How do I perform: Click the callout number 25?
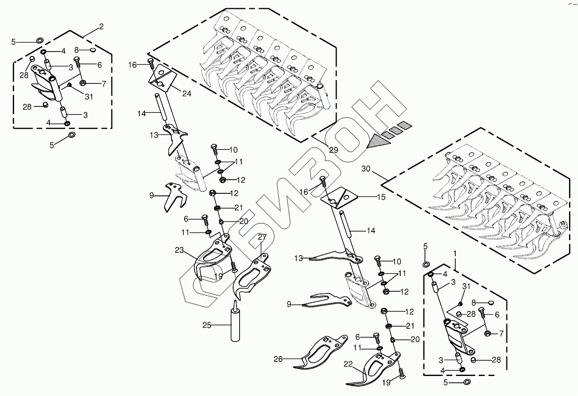coord(207,326)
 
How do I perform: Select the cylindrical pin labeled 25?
coord(234,326)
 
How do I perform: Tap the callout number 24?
coord(187,94)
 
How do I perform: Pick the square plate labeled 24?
coord(162,80)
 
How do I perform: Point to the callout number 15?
coord(381,197)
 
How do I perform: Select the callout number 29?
coord(333,150)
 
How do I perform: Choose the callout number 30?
coord(366,169)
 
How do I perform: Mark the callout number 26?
coord(278,359)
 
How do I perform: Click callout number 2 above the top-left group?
coord(101,27)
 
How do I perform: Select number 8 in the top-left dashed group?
coord(77,50)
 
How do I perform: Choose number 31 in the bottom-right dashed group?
coord(466,287)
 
